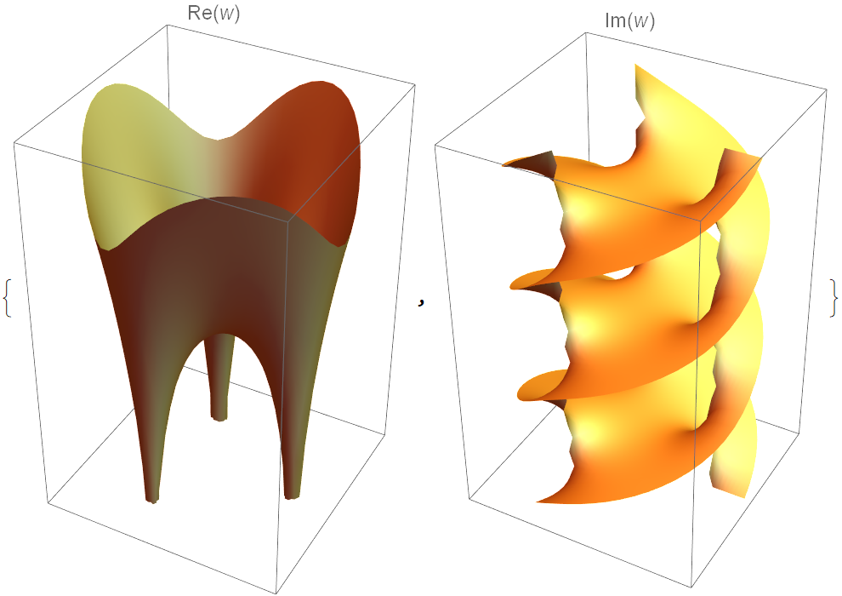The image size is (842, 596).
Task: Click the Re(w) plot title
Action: pos(213,13)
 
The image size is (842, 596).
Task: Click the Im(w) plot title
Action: pos(629,21)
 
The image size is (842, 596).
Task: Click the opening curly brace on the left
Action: pos(7,297)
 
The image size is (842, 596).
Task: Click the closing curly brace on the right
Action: pos(833,297)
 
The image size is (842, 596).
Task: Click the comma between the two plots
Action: pos(422,304)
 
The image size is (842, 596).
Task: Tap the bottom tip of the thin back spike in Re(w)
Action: pos(219,418)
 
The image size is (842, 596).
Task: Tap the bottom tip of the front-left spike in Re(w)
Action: pos(152,501)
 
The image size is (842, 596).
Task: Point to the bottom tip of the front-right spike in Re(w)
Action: pos(292,497)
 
